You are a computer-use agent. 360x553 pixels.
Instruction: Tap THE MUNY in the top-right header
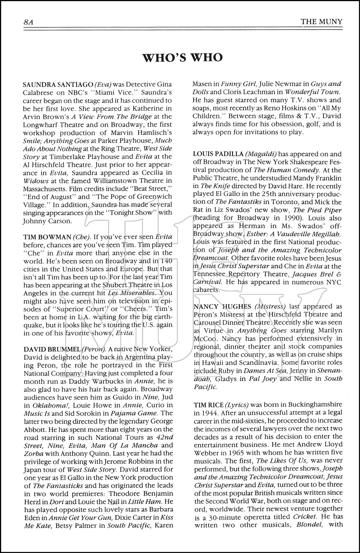tap(321, 21)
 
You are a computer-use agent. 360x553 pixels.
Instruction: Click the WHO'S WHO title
tap(182, 58)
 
